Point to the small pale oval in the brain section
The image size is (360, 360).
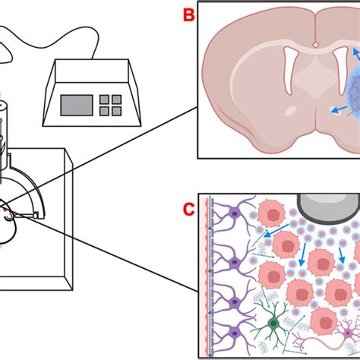click(x=270, y=132)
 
